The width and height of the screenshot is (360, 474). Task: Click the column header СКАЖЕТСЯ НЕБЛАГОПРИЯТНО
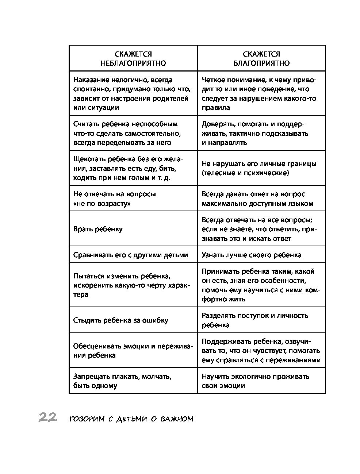pyautogui.click(x=133, y=58)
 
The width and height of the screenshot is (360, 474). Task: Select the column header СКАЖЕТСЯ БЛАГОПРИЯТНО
pyautogui.click(x=261, y=58)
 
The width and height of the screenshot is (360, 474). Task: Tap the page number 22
pyautogui.click(x=47, y=417)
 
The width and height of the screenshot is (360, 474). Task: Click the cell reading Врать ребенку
pyautogui.click(x=98, y=229)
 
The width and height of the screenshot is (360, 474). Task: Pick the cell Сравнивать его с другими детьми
pyautogui.click(x=131, y=255)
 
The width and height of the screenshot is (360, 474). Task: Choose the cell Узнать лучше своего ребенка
pyautogui.click(x=252, y=255)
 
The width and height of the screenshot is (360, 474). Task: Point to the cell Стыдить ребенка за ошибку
pyautogui.click(x=121, y=320)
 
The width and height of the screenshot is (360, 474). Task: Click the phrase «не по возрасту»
pyautogui.click(x=102, y=203)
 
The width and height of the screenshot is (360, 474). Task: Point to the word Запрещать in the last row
pyautogui.click(x=89, y=376)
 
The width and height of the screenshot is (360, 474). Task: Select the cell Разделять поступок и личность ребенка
pyautogui.click(x=255, y=320)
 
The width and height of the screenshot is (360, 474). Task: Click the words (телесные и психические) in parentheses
pyautogui.click(x=245, y=173)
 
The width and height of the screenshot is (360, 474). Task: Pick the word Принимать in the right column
pyautogui.click(x=218, y=271)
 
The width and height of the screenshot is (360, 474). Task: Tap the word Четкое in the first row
pyautogui.click(x=213, y=80)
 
